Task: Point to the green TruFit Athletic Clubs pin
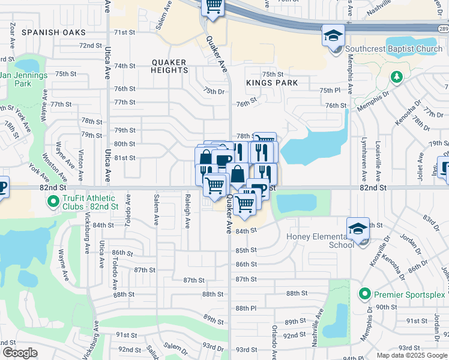[x=53, y=202]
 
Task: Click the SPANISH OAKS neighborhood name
[x=53, y=32]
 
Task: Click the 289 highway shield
[x=443, y=28]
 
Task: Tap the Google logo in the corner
[x=20, y=353]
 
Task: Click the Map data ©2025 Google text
[x=412, y=355]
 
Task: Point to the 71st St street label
[x=124, y=32]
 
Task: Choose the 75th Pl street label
[x=330, y=90]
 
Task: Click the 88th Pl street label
[x=246, y=308]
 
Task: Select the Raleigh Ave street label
[x=187, y=215]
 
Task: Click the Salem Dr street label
[x=175, y=347]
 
